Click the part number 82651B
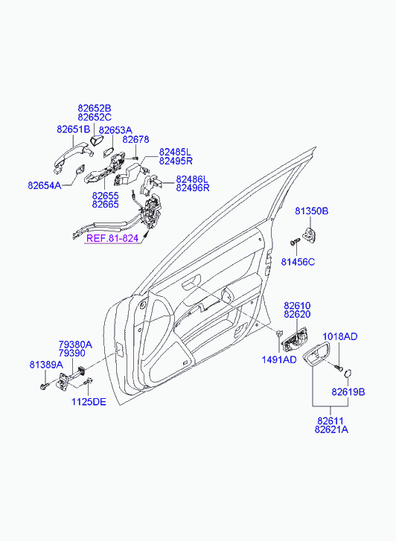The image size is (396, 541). pos(73,129)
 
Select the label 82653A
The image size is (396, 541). pos(115,130)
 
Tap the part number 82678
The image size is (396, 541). pos(136,139)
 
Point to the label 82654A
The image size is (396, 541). pos(45,185)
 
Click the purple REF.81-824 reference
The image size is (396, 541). pos(112,238)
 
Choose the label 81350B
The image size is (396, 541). pos(312,211)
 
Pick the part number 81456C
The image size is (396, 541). pos(298,262)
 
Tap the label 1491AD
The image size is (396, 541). pos(279,359)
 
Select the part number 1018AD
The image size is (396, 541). pos(340,336)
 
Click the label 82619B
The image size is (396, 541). pos(348,392)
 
